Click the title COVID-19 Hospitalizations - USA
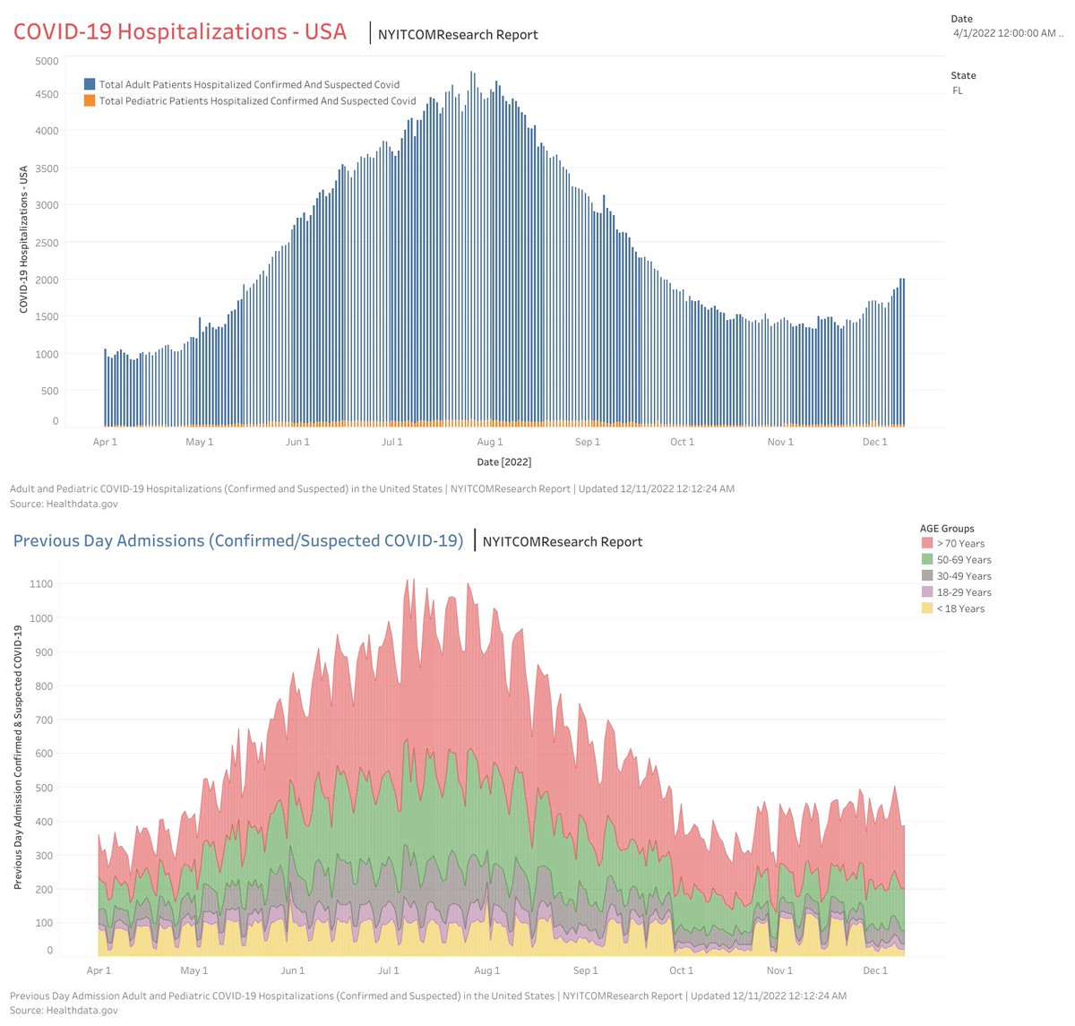coord(179,31)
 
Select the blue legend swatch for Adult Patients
coord(90,84)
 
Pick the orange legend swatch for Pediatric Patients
coord(90,101)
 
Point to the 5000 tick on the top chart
coord(47,61)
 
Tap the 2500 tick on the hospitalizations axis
coord(47,243)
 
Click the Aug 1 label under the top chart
coord(489,442)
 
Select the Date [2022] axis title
coord(504,461)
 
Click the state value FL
coord(958,91)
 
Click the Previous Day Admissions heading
coord(237,540)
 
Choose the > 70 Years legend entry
coord(960,544)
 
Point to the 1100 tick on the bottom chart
coord(40,584)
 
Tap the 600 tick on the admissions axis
coord(43,754)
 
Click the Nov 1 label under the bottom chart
coord(779,970)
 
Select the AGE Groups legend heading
coord(947,529)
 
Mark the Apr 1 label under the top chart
coord(105,442)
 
